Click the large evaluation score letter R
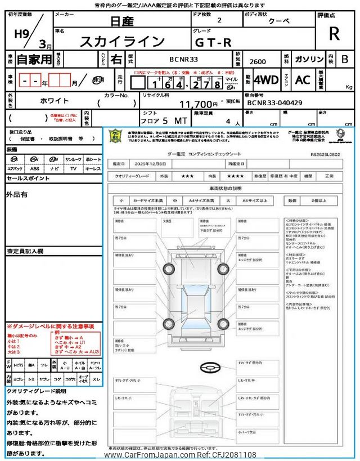[x=334, y=33]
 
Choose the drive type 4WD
[x=265, y=80]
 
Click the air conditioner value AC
[x=302, y=80]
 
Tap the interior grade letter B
[x=345, y=59]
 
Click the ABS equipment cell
[x=35, y=168]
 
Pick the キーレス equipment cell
[x=92, y=168]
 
